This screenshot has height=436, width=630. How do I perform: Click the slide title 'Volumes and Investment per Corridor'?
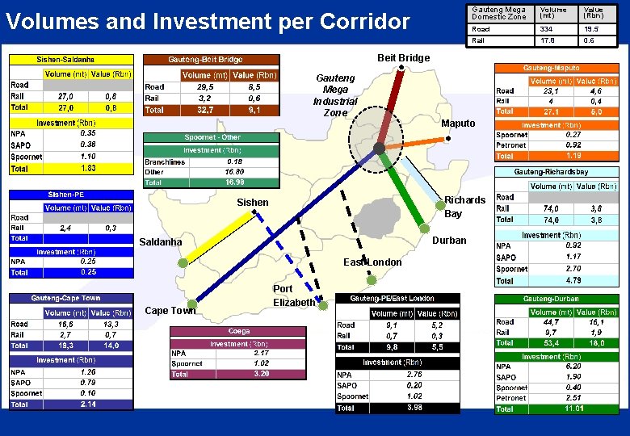(208, 21)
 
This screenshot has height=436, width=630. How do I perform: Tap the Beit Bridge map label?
(404, 57)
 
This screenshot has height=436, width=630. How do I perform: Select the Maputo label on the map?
(457, 124)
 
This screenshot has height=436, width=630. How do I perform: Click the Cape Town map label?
(170, 311)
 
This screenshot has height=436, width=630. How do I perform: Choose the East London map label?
(372, 262)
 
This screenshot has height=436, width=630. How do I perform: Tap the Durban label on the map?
(449, 241)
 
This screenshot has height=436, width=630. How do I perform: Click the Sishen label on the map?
(252, 203)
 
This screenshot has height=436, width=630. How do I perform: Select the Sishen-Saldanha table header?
(70, 60)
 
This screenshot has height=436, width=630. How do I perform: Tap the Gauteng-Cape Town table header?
(70, 298)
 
